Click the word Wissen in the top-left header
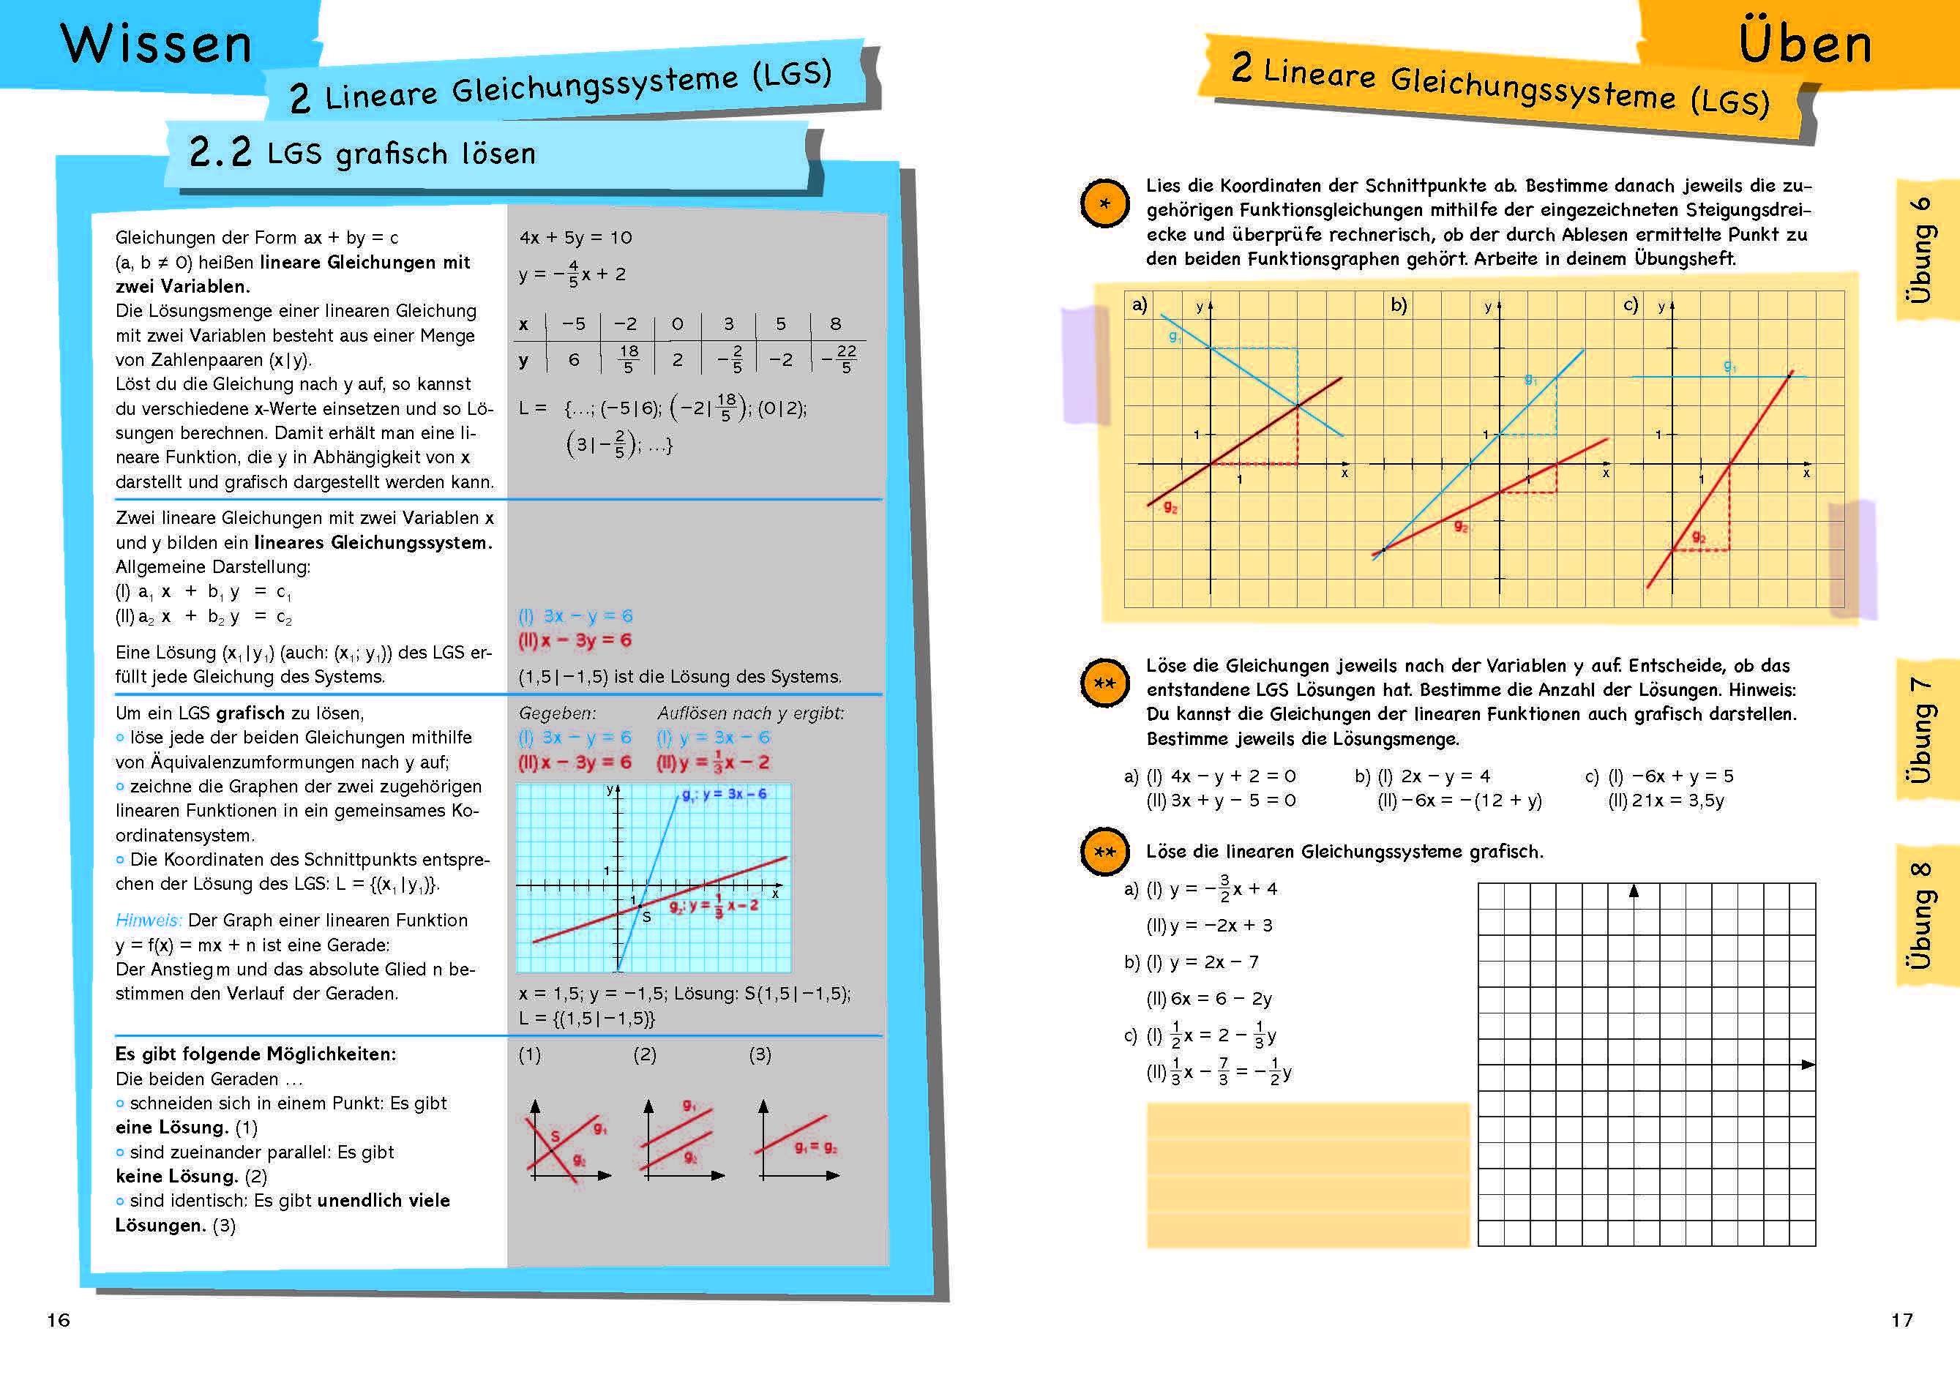point(156,45)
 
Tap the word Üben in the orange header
point(1805,45)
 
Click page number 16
point(58,1320)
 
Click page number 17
point(1901,1320)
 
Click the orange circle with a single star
point(1104,204)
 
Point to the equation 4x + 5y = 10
point(575,237)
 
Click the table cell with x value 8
point(836,324)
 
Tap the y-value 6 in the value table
point(574,360)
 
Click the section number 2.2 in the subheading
point(220,153)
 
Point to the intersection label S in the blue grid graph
point(646,917)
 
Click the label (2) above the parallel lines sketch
point(645,1054)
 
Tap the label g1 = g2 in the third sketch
point(816,1147)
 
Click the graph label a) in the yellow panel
point(1139,304)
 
